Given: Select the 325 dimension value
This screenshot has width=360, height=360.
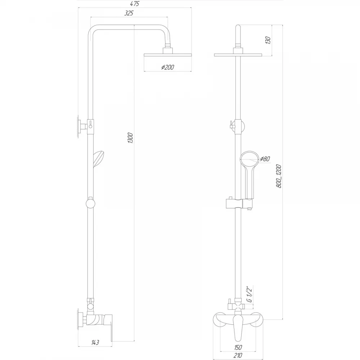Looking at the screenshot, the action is [x=129, y=13].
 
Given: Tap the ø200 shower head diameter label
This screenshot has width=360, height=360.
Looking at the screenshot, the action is [x=168, y=67].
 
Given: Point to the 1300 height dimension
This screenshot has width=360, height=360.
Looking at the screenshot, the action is [x=130, y=138].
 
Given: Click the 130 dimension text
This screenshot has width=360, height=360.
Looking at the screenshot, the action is [x=268, y=40].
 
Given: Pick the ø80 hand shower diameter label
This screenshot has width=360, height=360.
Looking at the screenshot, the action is [x=265, y=159].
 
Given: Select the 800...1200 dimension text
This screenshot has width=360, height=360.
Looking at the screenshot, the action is [x=279, y=176].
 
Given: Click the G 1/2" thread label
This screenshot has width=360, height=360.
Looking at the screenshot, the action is [x=249, y=294].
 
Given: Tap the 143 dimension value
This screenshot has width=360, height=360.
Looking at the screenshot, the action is [x=95, y=343].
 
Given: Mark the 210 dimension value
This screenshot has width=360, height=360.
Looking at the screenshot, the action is [x=238, y=356].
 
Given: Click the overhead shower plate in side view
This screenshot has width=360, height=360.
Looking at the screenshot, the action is [x=168, y=55].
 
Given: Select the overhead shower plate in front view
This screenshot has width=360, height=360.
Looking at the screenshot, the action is [x=238, y=55].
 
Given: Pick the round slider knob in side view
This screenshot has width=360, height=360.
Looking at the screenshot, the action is [x=90, y=203].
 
